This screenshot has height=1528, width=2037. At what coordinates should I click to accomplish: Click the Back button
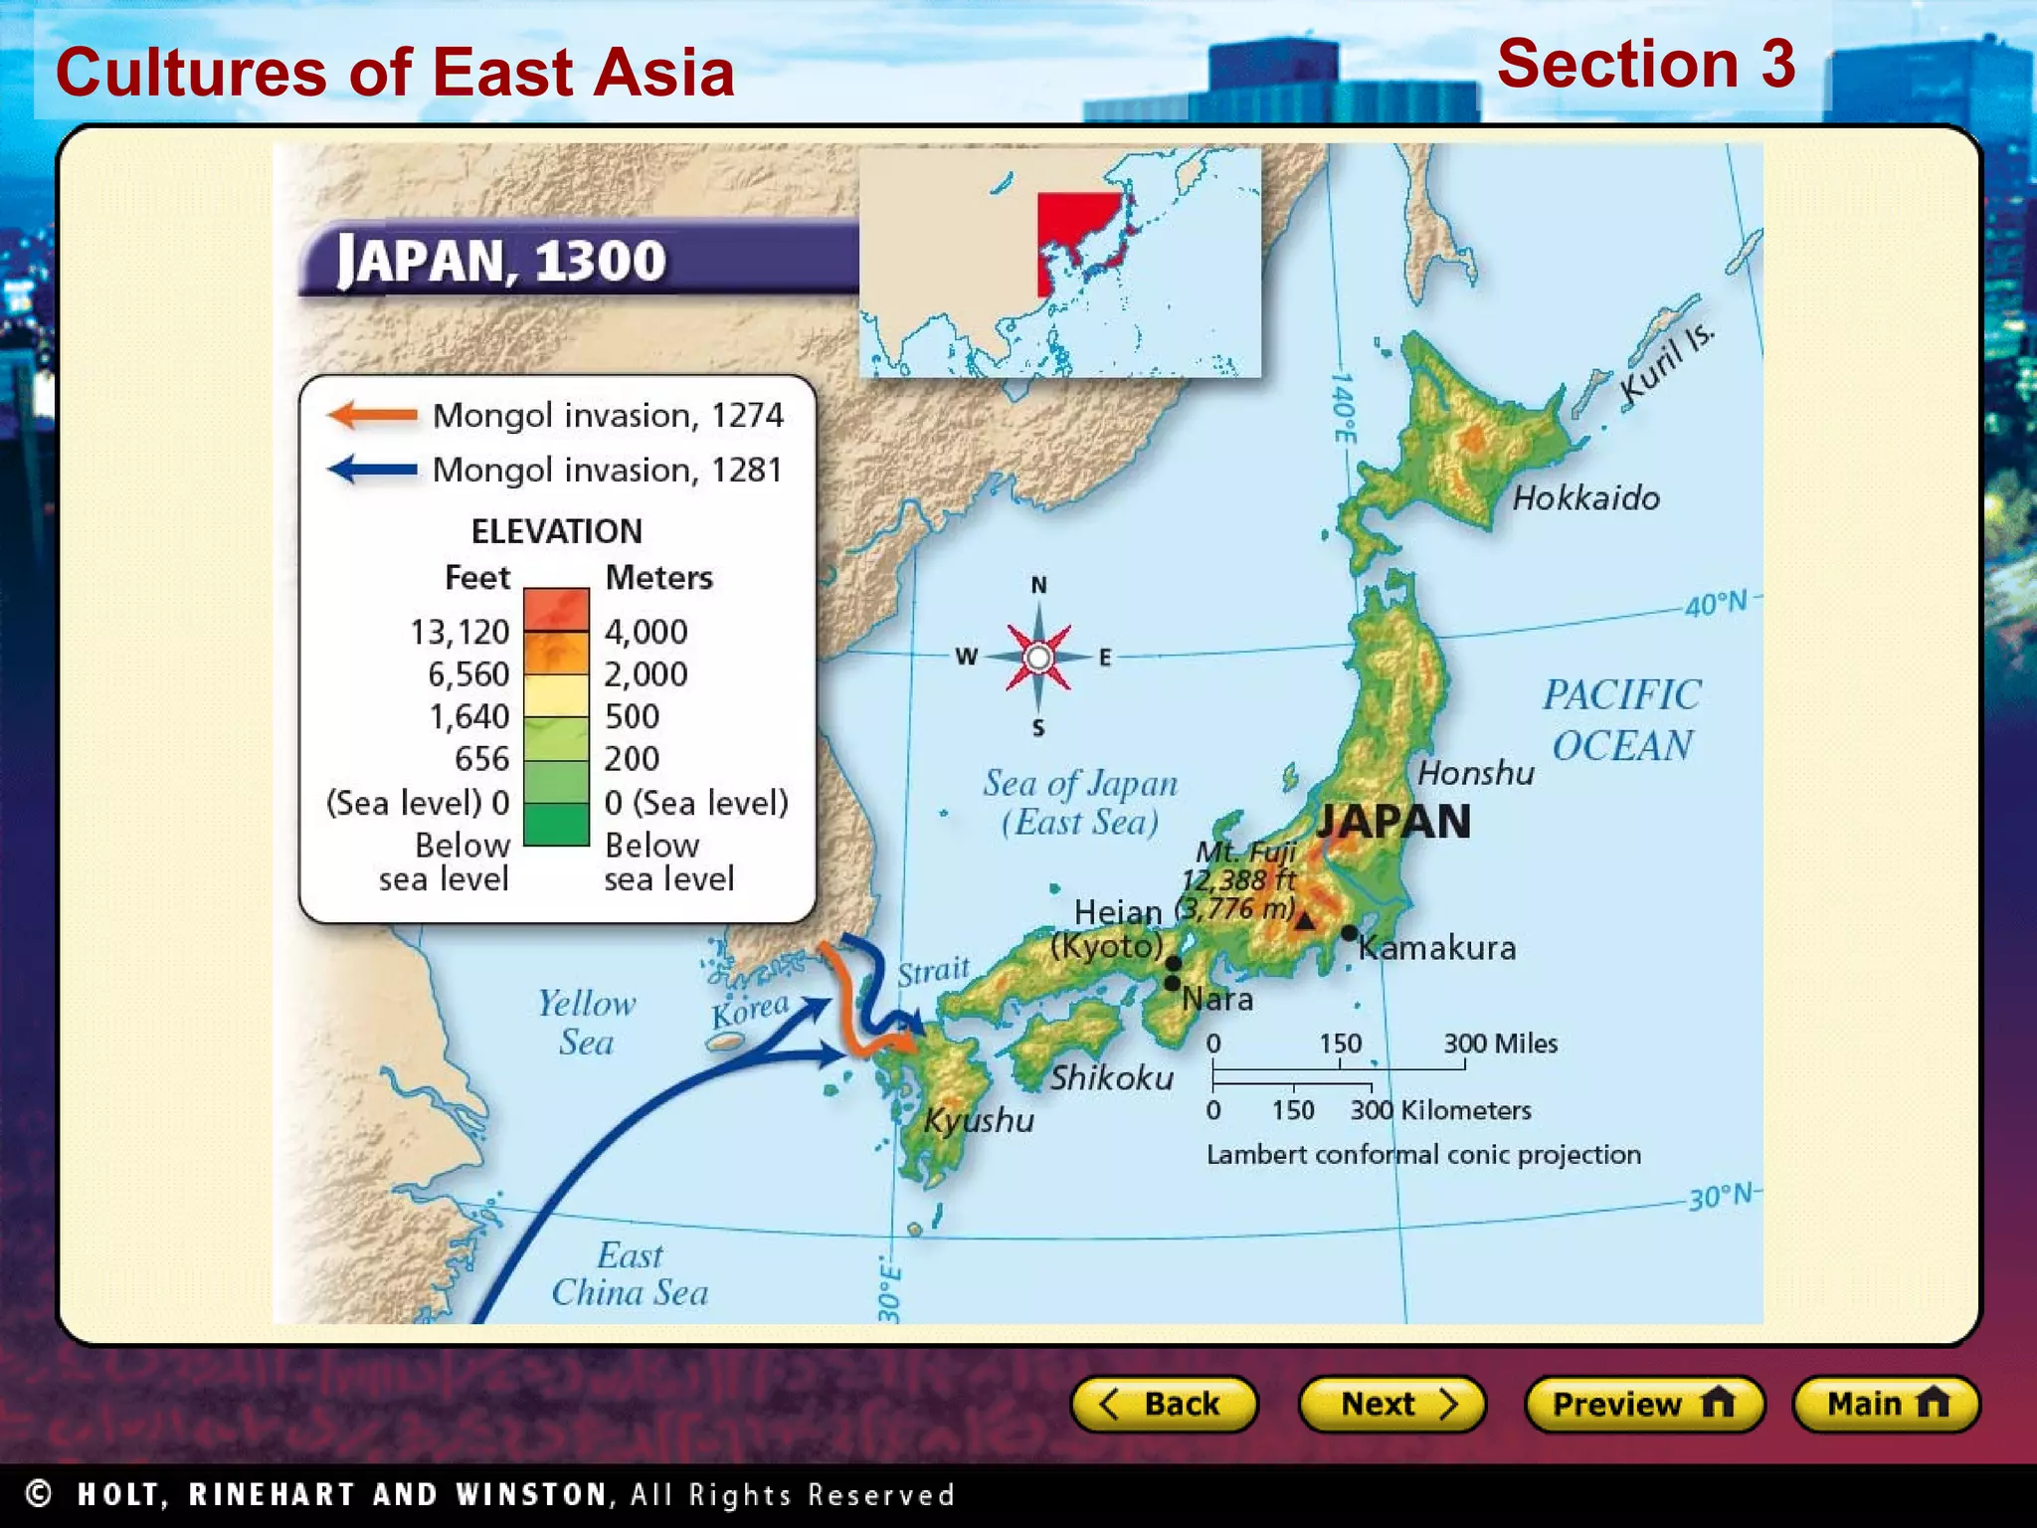(x=1163, y=1404)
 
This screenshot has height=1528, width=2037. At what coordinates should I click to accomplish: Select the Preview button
(x=1644, y=1404)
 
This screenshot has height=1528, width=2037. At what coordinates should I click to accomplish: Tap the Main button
(x=1886, y=1404)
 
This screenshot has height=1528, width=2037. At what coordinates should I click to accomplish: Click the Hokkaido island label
(x=1585, y=497)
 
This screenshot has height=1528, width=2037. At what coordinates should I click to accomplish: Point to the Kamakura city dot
(x=1349, y=933)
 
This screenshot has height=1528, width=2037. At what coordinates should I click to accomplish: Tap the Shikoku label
(x=1112, y=1077)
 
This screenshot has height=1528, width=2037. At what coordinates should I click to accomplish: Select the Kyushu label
(x=979, y=1120)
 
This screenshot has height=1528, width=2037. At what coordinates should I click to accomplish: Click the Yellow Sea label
(x=586, y=1022)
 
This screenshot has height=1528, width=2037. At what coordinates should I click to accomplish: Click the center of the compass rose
(x=1038, y=657)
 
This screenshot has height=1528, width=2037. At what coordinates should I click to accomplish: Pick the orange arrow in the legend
(x=372, y=415)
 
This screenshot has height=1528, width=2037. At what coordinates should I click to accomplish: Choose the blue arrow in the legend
(x=372, y=469)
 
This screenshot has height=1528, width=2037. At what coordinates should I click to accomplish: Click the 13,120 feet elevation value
(x=460, y=632)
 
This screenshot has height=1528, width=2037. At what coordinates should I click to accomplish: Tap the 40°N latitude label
(x=1716, y=603)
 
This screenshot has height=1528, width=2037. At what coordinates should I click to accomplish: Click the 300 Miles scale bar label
(x=1500, y=1044)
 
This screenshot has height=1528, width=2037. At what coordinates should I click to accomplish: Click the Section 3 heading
(x=1646, y=64)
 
